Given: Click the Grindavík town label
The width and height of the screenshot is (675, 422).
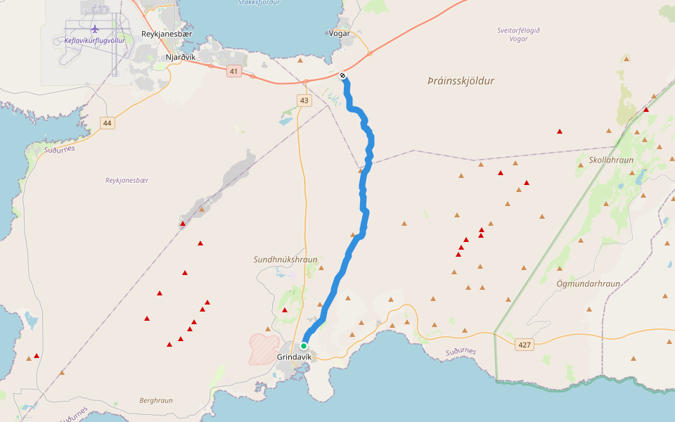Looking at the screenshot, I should (x=294, y=357).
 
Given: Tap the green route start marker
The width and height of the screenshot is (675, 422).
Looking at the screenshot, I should (x=304, y=345).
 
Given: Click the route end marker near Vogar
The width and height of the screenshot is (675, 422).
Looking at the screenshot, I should (x=342, y=75).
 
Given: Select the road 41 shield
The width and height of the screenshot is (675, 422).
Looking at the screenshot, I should (x=234, y=71).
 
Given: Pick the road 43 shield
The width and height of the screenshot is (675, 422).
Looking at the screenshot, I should (x=304, y=101).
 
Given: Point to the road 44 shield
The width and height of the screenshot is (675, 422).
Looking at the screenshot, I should (x=107, y=123).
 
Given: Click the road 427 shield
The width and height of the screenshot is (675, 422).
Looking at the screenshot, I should (x=524, y=345).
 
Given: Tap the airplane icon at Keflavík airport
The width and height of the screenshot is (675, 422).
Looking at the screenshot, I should (x=95, y=29).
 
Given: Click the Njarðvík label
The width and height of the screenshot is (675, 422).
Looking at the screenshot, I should (x=181, y=58).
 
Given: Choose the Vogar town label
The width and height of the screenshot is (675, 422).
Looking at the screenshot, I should (x=339, y=33).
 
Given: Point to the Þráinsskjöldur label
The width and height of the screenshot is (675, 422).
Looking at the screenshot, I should (x=461, y=81).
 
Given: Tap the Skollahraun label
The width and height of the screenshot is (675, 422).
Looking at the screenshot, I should (x=611, y=160).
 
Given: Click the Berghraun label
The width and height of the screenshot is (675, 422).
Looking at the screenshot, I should (x=155, y=400).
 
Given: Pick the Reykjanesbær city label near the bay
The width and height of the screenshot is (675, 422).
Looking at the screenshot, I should (x=167, y=34).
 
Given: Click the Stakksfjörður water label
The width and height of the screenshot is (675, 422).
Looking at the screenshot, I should (x=259, y=3).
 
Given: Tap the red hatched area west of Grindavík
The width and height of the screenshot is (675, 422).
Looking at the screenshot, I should (x=264, y=347).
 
